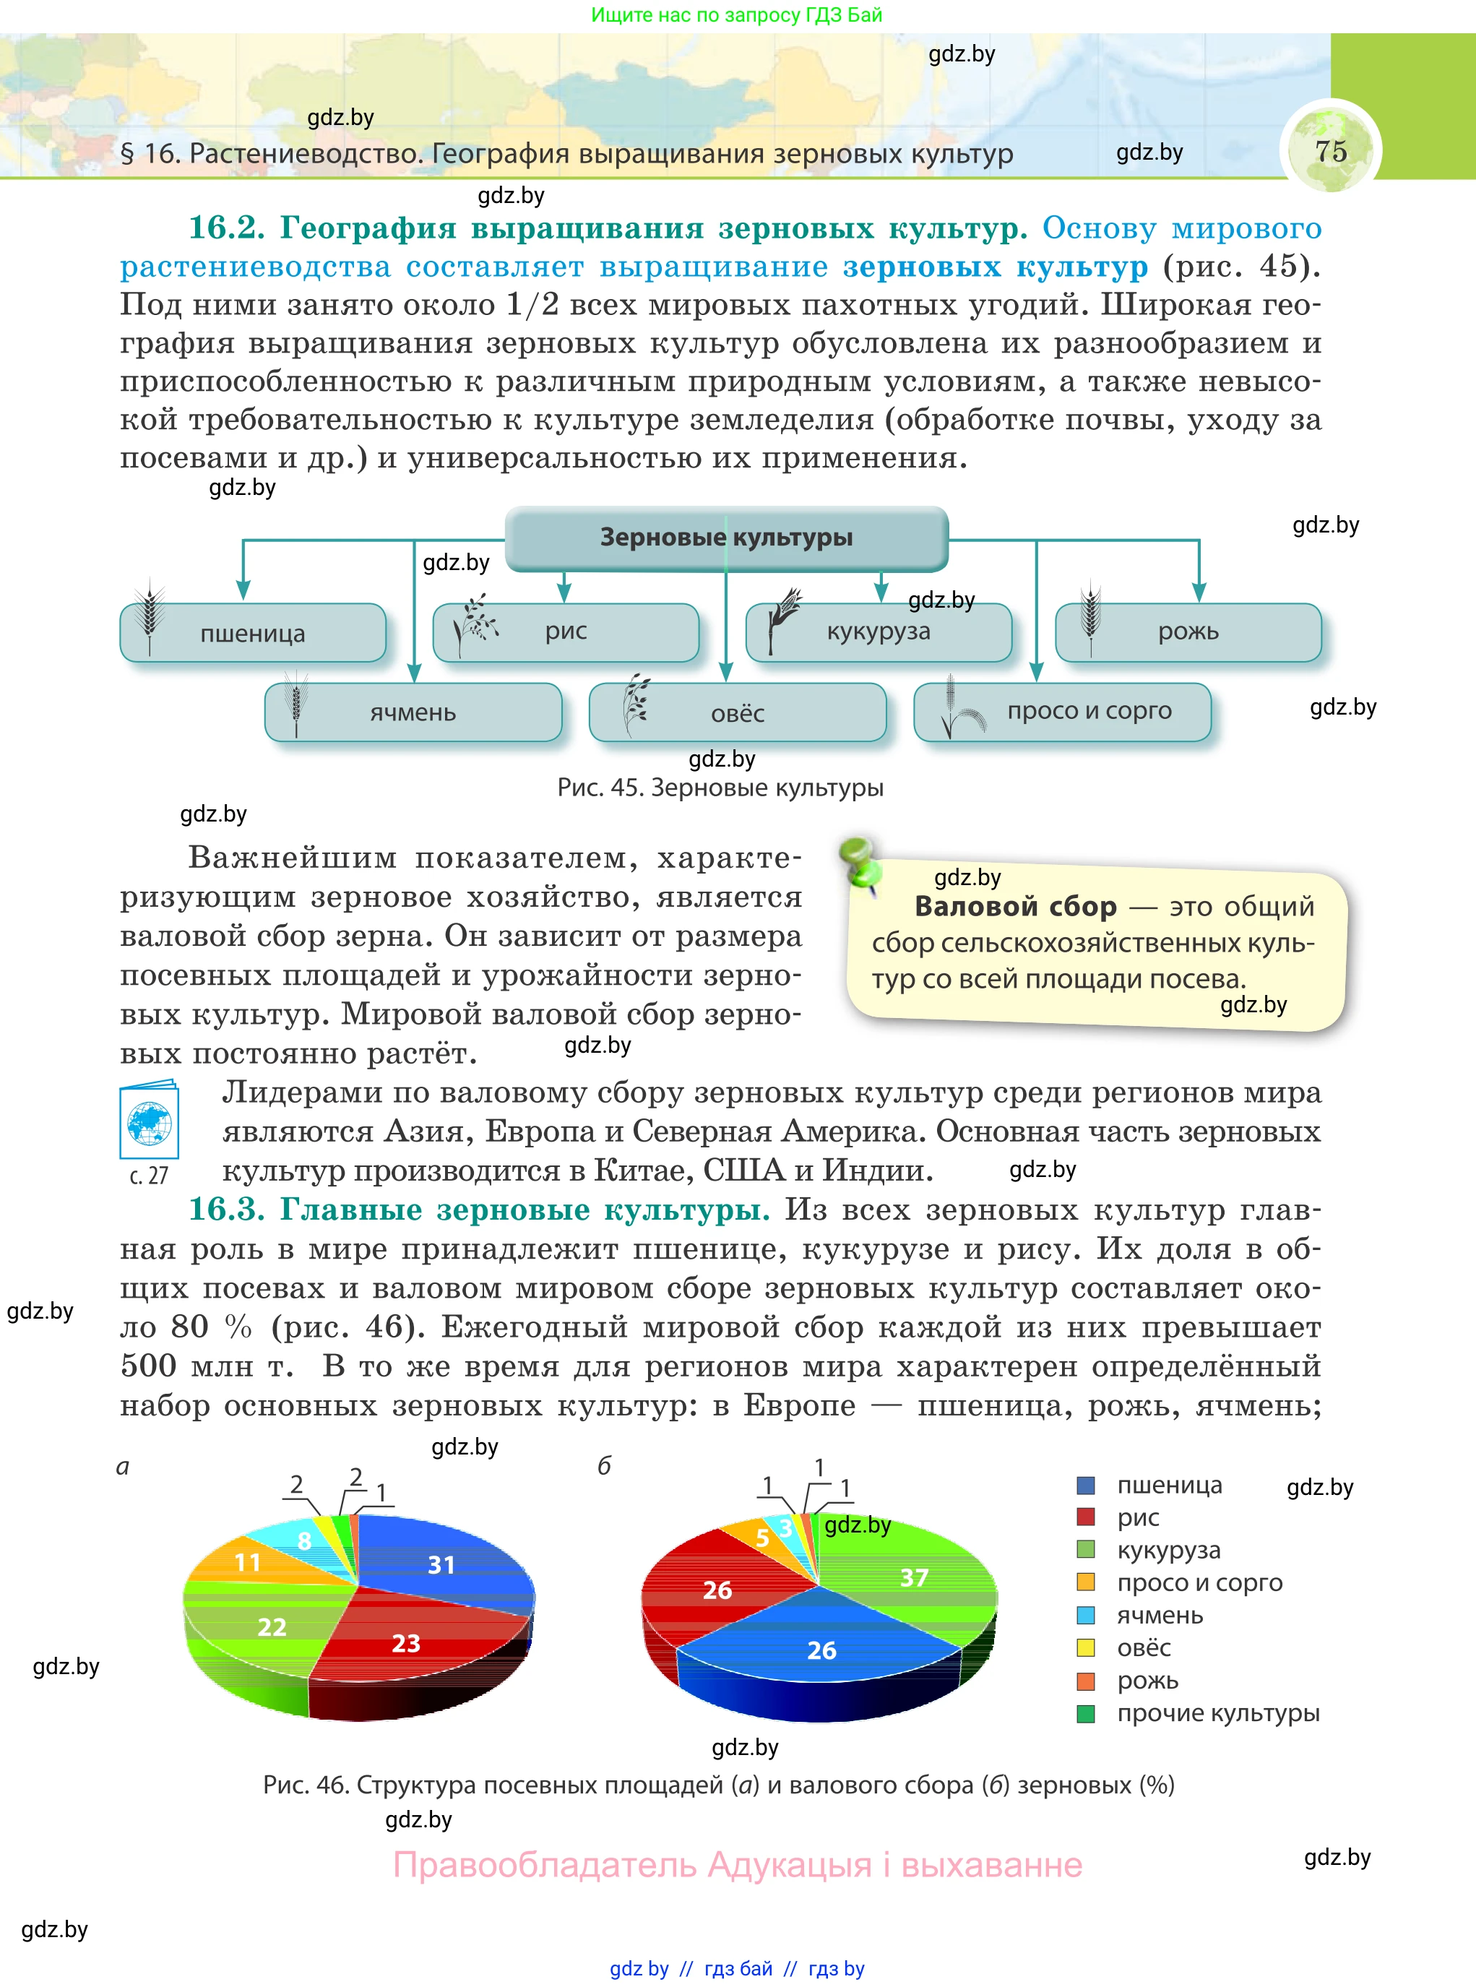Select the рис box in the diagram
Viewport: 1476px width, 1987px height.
[566, 632]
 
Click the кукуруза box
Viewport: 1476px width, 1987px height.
[879, 632]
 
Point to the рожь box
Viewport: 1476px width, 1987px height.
[1188, 632]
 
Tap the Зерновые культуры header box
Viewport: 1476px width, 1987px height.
[725, 538]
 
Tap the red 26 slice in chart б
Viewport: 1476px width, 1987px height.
[717, 1590]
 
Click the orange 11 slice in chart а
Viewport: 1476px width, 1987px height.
[248, 1563]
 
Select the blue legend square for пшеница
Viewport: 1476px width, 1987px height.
[1086, 1486]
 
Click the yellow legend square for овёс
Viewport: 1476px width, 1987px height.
[1086, 1647]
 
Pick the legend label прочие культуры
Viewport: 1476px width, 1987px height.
[1218, 1712]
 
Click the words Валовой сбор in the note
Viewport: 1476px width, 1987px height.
[1016, 907]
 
